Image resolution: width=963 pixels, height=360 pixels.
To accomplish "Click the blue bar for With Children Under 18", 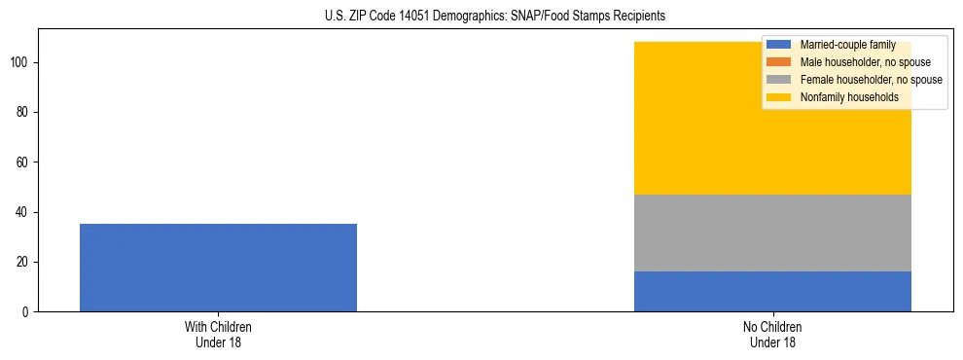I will pyautogui.click(x=218, y=268).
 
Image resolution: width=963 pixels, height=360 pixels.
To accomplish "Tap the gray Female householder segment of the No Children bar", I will pyautogui.click(x=772, y=233).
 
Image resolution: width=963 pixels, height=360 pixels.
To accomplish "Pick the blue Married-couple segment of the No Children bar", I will pyautogui.click(x=772, y=291).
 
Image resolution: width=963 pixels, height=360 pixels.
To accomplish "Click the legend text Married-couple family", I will pyautogui.click(x=846, y=45).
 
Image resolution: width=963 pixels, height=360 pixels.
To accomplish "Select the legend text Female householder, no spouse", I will pyautogui.click(x=871, y=80).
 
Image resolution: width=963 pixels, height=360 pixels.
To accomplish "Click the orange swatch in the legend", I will pyautogui.click(x=779, y=62).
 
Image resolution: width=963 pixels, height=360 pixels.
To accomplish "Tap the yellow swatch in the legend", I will pyautogui.click(x=779, y=97).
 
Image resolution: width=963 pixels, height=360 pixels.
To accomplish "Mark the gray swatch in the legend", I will pyautogui.click(x=779, y=80).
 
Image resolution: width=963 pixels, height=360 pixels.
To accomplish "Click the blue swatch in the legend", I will pyautogui.click(x=779, y=45).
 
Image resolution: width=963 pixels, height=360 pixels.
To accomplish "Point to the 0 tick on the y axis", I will pyautogui.click(x=27, y=312).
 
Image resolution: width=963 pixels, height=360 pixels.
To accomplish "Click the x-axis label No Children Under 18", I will pyautogui.click(x=772, y=335).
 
